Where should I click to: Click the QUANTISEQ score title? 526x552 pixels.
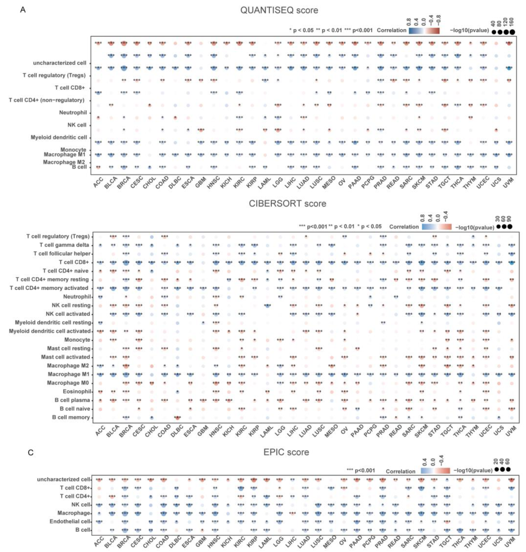[x=279, y=10]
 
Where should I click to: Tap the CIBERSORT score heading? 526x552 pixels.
[x=287, y=203]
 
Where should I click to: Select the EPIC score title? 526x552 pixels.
[x=286, y=452]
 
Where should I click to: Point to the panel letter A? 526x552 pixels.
[x=23, y=9]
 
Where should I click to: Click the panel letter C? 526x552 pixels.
[x=30, y=452]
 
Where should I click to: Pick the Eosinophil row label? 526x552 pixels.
[x=77, y=391]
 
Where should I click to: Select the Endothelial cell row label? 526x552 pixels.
[x=70, y=521]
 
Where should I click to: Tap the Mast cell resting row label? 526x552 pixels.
[x=69, y=348]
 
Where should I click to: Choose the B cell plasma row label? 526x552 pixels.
[x=72, y=400]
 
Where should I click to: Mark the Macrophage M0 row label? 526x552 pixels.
[x=68, y=383]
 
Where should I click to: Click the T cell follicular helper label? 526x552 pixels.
[x=62, y=253]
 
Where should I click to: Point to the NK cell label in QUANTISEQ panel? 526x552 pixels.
[x=77, y=125]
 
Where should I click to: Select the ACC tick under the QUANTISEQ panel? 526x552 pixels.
[x=98, y=183]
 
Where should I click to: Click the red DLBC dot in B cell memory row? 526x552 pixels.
[x=177, y=417]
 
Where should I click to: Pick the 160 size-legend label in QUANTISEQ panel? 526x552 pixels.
[x=511, y=22]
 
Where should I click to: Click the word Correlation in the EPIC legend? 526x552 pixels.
[x=401, y=471]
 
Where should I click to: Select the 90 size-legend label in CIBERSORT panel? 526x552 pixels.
[x=509, y=219]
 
